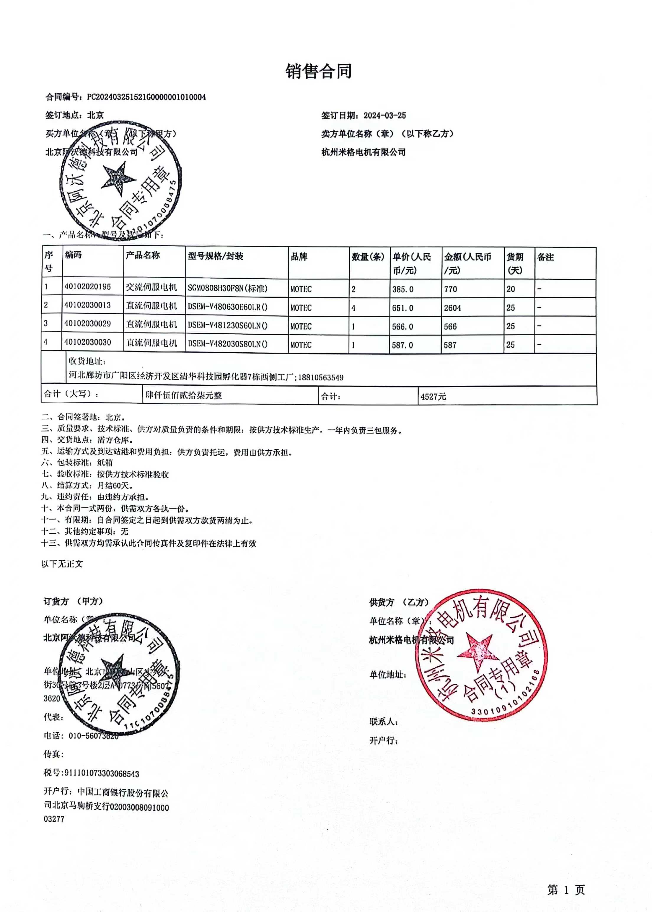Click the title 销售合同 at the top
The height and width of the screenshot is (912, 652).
[x=318, y=71]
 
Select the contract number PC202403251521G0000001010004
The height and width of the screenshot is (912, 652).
[x=146, y=97]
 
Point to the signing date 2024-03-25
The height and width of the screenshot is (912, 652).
[x=385, y=116]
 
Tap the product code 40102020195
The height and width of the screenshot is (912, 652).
[x=87, y=287]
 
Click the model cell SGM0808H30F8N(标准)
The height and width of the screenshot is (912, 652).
[x=228, y=288]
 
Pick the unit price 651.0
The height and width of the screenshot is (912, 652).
[x=403, y=308]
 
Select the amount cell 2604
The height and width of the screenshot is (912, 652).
[x=452, y=308]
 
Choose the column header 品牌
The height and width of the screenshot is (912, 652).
[x=299, y=257]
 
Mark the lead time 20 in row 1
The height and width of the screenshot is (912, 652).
[x=511, y=289]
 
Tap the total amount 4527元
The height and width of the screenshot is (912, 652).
[x=433, y=397]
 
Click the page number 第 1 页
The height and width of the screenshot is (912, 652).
[x=566, y=890]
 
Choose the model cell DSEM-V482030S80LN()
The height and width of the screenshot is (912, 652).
[x=228, y=344]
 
